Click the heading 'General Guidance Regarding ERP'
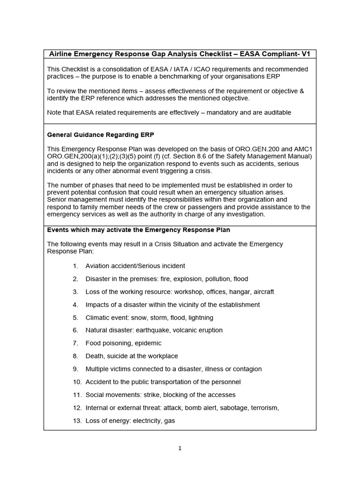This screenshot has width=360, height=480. (x=101, y=135)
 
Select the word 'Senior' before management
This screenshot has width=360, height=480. (x=57, y=199)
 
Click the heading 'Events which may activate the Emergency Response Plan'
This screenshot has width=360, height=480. (x=139, y=230)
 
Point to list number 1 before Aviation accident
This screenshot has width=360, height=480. (x=75, y=266)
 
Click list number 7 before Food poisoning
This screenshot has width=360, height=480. (x=75, y=343)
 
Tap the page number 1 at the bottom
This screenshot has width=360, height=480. (x=180, y=449)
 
